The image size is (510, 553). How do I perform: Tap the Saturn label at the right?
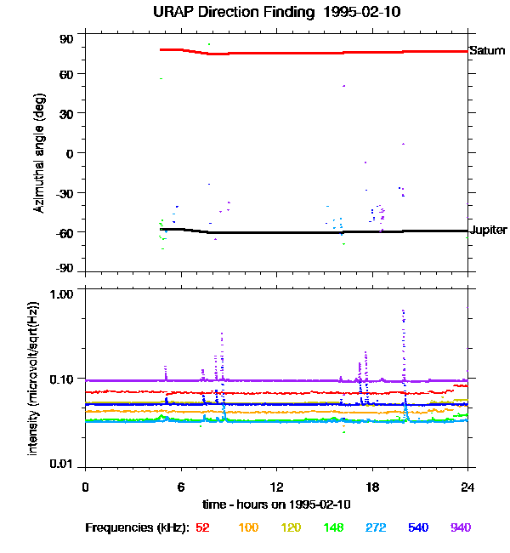(487, 51)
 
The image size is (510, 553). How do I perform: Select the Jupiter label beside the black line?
(489, 231)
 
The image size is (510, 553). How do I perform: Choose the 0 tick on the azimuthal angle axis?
(71, 153)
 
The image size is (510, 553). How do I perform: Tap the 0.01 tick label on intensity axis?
(60, 465)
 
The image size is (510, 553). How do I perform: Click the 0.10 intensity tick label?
(60, 379)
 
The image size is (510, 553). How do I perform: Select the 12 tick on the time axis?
(276, 487)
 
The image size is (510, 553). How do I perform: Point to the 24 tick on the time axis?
(468, 487)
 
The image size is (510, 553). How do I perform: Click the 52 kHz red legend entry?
(202, 527)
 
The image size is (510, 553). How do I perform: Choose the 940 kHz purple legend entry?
(460, 527)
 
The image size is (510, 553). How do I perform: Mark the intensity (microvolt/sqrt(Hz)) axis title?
(33, 378)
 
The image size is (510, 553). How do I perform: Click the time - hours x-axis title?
(276, 505)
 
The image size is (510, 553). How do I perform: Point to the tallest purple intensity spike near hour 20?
(403, 313)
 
